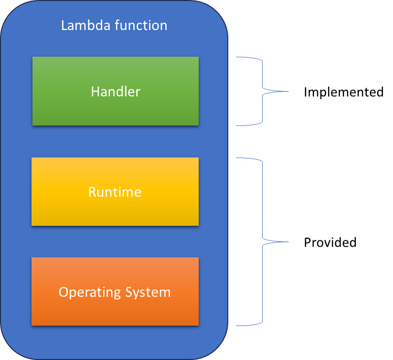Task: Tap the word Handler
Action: click(115, 92)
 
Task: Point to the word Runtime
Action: click(115, 192)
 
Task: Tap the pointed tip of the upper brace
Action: click(288, 91)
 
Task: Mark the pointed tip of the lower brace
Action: click(288, 242)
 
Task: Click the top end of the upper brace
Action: click(237, 58)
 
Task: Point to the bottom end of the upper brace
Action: click(237, 125)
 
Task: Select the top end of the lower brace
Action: click(237, 158)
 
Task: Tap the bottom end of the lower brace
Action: click(237, 326)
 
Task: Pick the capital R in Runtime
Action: click(92, 192)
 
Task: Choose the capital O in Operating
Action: click(63, 292)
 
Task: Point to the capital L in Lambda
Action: click(64, 25)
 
